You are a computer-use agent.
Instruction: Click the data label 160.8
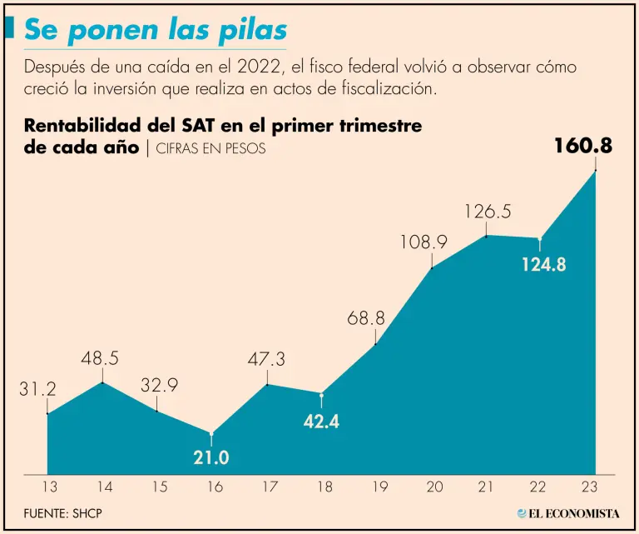tap(583, 147)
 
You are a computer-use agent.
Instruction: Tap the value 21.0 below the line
tap(211, 457)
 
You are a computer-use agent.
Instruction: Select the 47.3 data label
tap(266, 360)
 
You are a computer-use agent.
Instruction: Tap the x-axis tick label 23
tap(596, 487)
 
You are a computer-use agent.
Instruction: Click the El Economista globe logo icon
tap(522, 514)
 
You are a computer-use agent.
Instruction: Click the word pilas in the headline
tap(250, 30)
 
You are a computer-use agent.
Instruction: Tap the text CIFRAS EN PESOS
tap(211, 147)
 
